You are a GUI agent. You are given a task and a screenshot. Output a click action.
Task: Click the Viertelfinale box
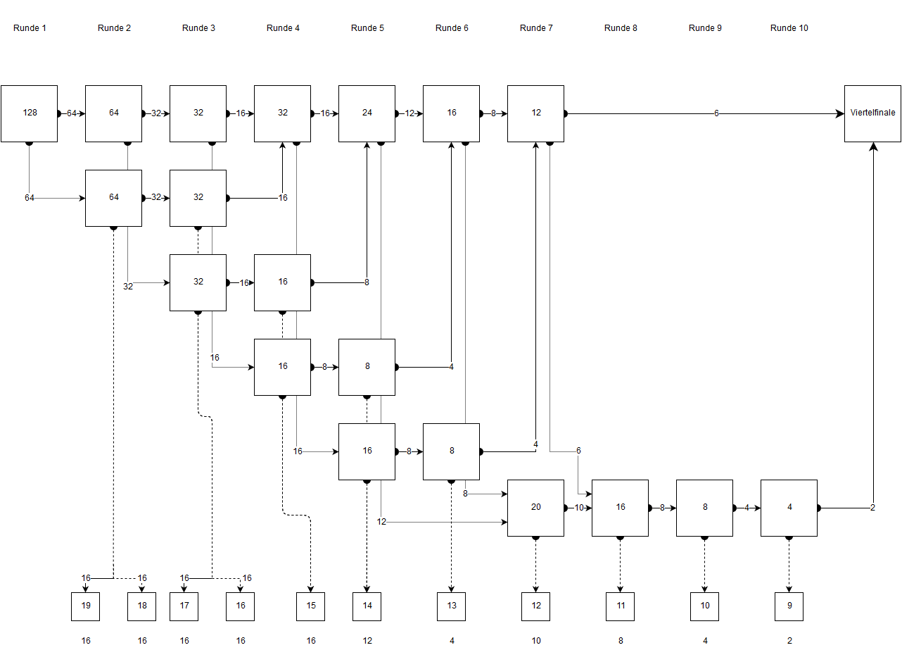pos(873,113)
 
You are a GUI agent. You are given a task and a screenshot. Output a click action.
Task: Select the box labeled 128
pos(30,113)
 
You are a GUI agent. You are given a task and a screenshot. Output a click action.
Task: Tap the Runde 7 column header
pos(536,28)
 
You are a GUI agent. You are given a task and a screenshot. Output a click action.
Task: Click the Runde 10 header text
pos(789,28)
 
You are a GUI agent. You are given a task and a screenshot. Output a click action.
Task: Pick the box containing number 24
pos(367,113)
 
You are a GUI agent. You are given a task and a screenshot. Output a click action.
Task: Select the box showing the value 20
pos(536,508)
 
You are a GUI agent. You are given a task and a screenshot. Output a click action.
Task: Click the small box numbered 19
pos(86,606)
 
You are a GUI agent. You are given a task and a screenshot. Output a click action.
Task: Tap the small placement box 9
pos(789,606)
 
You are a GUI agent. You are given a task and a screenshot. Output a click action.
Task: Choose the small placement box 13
pos(452,606)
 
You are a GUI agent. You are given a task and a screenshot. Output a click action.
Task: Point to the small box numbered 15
pos(311,606)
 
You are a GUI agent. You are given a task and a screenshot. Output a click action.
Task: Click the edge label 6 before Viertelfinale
pos(716,113)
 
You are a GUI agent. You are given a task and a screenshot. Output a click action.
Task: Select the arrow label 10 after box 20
pos(578,508)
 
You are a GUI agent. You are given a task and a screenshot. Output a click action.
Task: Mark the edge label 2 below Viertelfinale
pos(872,508)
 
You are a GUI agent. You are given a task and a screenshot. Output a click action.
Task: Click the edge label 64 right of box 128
pos(72,113)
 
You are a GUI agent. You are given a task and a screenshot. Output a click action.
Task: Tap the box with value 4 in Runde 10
pos(789,508)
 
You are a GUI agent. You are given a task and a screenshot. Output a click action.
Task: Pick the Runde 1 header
pos(30,28)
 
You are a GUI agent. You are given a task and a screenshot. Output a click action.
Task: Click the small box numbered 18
pos(142,606)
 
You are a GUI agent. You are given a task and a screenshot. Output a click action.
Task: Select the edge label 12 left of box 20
pos(381,522)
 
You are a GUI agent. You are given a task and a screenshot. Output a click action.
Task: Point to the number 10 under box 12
pos(536,641)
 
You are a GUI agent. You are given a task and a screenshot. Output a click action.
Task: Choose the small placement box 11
pos(621,606)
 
